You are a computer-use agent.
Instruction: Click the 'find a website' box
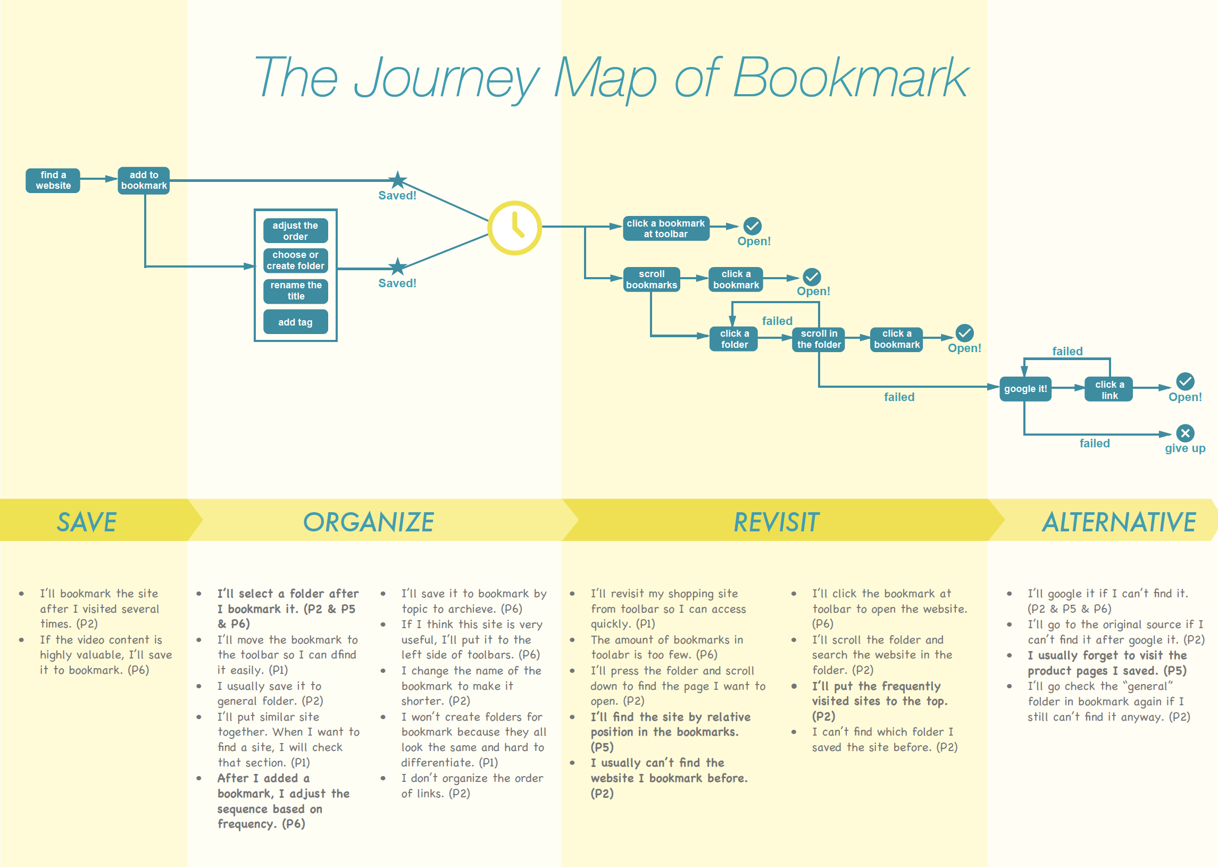point(53,180)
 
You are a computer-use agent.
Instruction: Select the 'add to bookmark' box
point(144,180)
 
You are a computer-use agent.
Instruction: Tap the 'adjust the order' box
point(295,231)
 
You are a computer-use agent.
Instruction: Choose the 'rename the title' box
point(296,290)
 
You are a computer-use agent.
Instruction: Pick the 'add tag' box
point(295,322)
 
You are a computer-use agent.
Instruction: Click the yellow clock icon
point(514,228)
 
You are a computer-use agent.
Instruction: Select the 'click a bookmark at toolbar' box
point(665,229)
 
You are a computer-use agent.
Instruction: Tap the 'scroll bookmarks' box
point(651,279)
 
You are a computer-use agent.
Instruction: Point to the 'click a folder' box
point(734,339)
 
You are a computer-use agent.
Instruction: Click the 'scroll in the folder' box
point(818,339)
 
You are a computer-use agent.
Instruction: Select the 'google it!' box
point(1025,389)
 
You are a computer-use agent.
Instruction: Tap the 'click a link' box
point(1109,390)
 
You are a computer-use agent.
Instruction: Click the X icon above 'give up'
point(1185,433)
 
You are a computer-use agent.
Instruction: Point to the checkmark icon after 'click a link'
point(1185,381)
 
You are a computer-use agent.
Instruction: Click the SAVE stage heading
point(87,522)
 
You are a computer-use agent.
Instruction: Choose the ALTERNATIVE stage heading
point(1119,522)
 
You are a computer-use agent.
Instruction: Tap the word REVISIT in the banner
point(776,522)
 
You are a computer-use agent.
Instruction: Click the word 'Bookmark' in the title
point(850,78)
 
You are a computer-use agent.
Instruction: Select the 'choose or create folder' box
point(295,261)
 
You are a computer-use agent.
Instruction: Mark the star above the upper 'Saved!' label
point(397,180)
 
